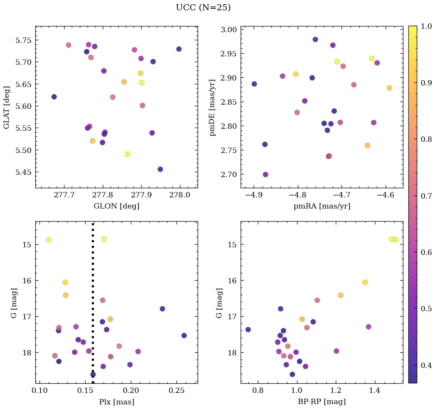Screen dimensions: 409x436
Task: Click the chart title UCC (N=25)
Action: click(x=203, y=8)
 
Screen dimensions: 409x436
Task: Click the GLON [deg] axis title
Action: click(x=116, y=206)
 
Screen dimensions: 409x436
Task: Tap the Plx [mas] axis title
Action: click(x=116, y=402)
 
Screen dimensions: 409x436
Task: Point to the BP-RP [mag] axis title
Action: click(x=322, y=402)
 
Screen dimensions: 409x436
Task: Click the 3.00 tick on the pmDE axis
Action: click(x=229, y=30)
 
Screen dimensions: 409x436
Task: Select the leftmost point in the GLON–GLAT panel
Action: click(x=54, y=97)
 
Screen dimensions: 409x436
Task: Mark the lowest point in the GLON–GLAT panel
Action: click(x=160, y=169)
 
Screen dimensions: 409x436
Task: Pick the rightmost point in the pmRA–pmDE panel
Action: click(x=389, y=88)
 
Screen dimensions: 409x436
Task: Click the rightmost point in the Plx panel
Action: click(x=184, y=335)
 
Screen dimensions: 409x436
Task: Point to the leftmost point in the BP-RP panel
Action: click(x=248, y=329)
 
